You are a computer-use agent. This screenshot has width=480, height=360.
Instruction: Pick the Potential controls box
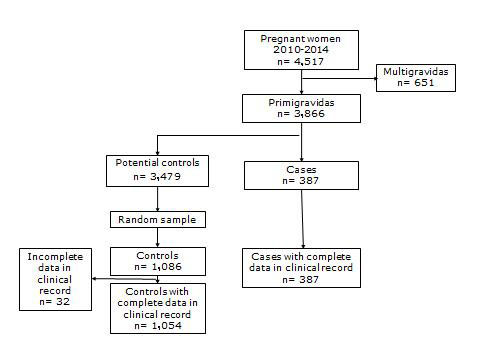pos(159,171)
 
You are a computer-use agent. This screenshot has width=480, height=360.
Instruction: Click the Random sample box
pos(159,218)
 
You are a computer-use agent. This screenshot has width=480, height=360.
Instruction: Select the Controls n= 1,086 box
pos(159,261)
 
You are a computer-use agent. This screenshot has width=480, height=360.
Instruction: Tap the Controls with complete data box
pos(159,308)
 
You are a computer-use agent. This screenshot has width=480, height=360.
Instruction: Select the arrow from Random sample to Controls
pos(159,237)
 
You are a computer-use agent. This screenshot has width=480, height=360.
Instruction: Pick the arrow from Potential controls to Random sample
pos(159,198)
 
